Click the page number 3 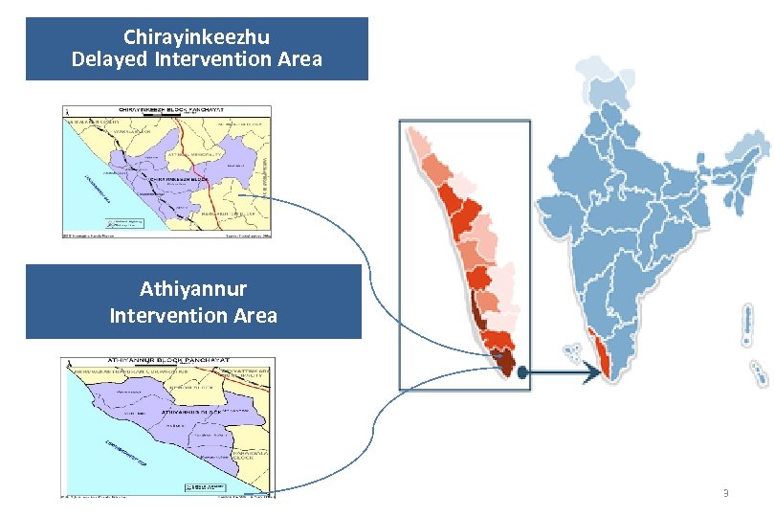click(x=725, y=493)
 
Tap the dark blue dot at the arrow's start click(x=521, y=376)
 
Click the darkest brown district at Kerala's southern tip click(x=504, y=363)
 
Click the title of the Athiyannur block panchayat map click(x=166, y=363)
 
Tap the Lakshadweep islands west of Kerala click(x=572, y=350)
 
